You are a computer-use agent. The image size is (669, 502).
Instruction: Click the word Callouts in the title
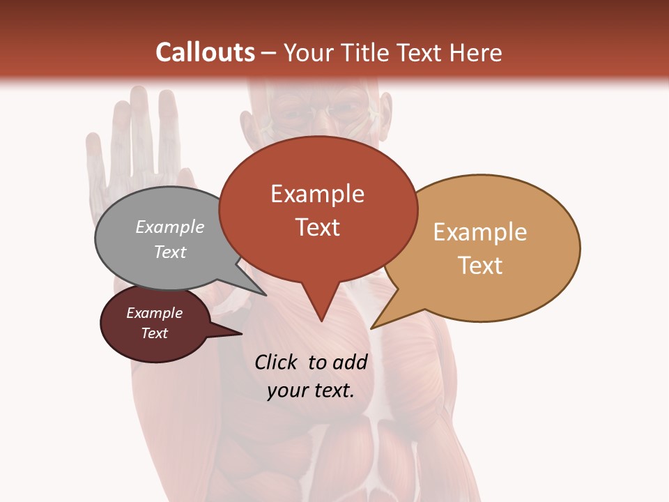(205, 52)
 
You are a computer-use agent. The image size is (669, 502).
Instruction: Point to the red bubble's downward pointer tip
(321, 320)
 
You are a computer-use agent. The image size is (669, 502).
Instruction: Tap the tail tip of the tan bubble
(372, 328)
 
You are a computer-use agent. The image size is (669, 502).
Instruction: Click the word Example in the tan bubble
(480, 232)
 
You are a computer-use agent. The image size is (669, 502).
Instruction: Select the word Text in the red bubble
(318, 227)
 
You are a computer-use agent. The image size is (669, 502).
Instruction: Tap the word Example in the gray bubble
(170, 227)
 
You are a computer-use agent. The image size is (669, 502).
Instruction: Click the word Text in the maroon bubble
(155, 333)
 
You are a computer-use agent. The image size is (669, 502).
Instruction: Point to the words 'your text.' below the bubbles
(311, 390)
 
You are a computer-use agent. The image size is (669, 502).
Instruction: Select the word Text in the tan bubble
(480, 266)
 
